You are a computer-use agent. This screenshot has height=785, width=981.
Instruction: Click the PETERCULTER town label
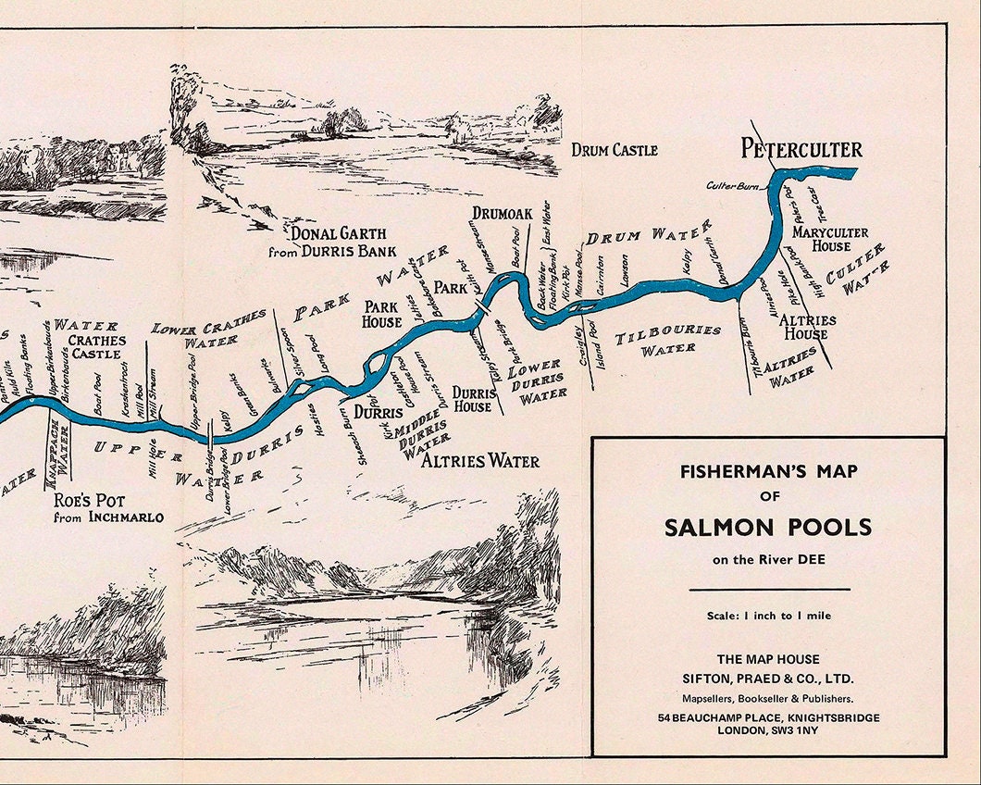click(801, 149)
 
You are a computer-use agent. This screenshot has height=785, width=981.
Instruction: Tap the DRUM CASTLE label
click(615, 150)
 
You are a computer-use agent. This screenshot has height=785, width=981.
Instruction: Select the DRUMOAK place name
click(503, 214)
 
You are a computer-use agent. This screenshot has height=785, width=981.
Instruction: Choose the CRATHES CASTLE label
click(95, 346)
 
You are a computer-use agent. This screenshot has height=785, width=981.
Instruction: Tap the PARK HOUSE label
click(381, 314)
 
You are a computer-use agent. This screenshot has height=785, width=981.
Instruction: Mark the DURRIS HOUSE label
click(473, 400)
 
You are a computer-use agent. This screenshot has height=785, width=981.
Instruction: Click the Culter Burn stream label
click(733, 186)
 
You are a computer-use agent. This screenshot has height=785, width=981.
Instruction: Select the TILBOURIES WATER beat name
click(668, 339)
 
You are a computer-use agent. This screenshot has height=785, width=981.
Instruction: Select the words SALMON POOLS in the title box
click(768, 527)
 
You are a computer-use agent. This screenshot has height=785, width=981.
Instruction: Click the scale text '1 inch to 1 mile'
click(768, 616)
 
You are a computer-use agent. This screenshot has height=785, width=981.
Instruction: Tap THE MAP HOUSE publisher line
click(768, 659)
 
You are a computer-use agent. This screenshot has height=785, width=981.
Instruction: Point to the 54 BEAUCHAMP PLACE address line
click(768, 718)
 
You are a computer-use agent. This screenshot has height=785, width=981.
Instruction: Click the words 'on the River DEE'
click(768, 559)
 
